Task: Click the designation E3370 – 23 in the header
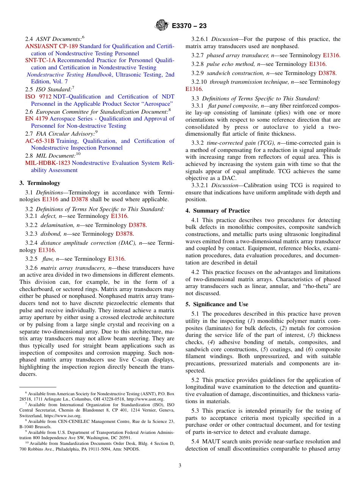point(189,26)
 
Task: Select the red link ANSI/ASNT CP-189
point(51,46)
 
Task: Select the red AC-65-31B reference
point(39,141)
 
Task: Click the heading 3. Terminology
point(39,183)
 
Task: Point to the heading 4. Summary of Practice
point(218,211)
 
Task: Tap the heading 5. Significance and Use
point(217,304)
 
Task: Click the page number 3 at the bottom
point(180,465)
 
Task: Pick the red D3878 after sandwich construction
point(327,73)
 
